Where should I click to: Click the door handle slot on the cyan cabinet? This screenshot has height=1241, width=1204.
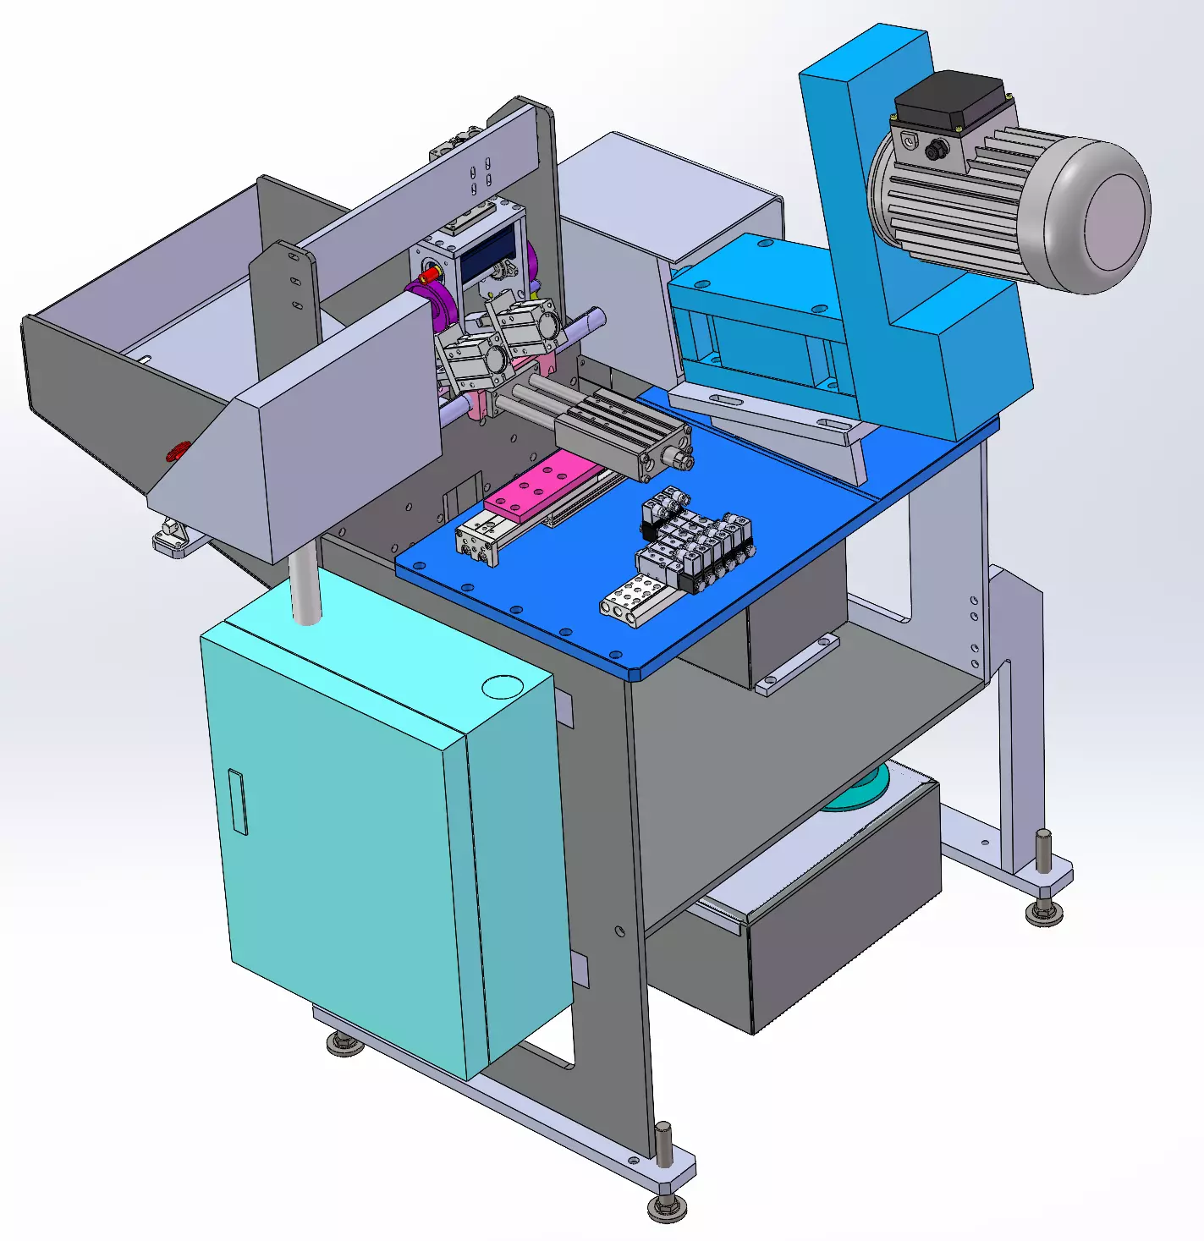coord(237,802)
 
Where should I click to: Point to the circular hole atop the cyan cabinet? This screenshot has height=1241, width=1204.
coord(503,686)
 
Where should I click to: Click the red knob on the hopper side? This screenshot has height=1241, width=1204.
coord(177,451)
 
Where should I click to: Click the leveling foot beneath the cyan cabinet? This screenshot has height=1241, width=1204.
coord(344,1045)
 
